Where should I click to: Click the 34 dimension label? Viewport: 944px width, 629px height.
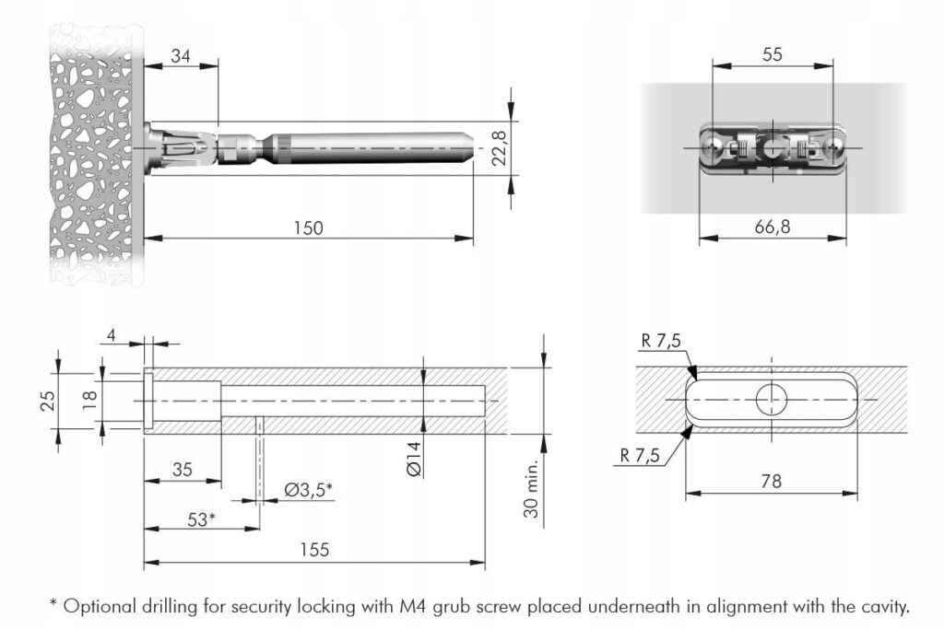pos(181,57)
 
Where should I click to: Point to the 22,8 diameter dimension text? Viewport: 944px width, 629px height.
pos(499,147)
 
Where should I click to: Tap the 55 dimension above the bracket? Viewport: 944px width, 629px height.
pos(773,54)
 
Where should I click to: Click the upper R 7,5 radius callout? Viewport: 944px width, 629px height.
pos(660,341)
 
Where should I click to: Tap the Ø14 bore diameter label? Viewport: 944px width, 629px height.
pos(413,457)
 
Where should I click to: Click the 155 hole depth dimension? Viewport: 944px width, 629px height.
pos(314,550)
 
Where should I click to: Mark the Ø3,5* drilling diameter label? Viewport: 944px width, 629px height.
pos(308,490)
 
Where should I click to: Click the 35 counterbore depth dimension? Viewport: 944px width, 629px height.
pos(183,470)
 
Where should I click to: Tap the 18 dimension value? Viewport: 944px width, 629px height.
pos(90,400)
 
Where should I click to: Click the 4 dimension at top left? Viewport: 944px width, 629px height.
pos(112,335)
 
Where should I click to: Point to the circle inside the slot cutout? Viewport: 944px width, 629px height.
pos(773,400)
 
